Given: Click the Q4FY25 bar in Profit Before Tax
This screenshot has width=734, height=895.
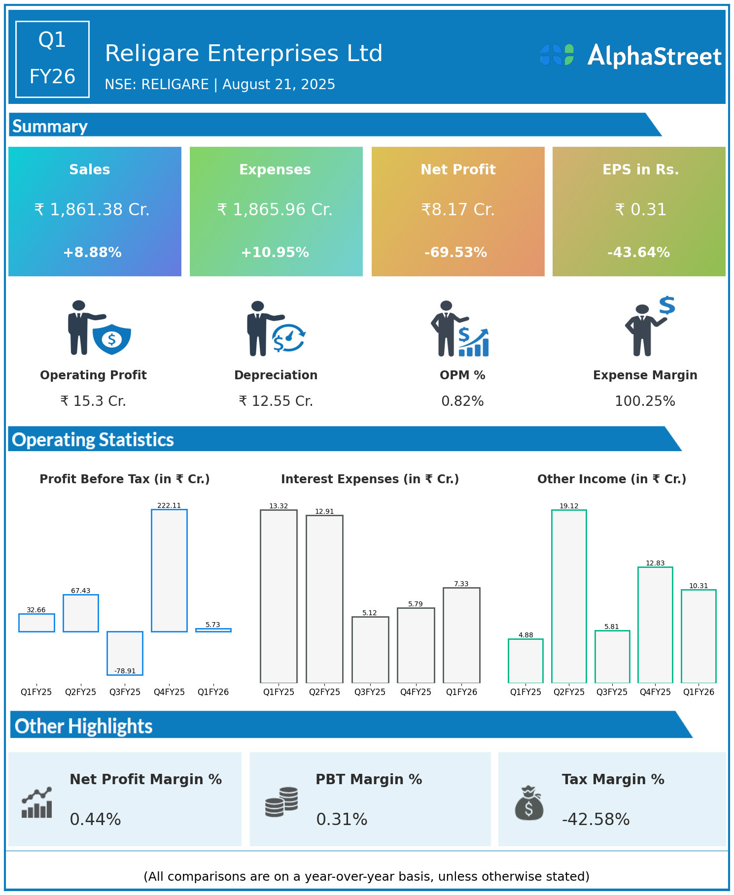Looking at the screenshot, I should click(x=169, y=570).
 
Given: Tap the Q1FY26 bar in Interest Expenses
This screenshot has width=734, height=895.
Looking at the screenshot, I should click(x=461, y=635).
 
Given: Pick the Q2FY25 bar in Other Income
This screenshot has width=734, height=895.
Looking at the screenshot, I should click(x=569, y=596).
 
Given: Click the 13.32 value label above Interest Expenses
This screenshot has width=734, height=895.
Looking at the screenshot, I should click(x=279, y=506).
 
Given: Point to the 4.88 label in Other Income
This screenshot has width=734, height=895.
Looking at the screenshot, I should click(x=525, y=635).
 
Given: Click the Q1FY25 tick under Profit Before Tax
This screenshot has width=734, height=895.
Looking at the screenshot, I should click(x=36, y=692).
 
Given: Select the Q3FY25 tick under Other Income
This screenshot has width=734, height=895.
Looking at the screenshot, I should click(x=612, y=692).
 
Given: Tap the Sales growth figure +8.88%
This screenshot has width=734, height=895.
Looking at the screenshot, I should click(x=92, y=252).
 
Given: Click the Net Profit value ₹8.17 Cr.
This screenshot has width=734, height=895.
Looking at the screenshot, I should click(x=457, y=209).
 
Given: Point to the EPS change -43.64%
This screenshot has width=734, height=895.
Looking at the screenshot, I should click(x=638, y=252).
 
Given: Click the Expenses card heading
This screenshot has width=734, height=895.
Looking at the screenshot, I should click(x=275, y=169).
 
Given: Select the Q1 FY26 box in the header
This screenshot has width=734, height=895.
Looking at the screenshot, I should click(x=52, y=59).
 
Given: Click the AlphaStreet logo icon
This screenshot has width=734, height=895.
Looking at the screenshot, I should click(x=557, y=55).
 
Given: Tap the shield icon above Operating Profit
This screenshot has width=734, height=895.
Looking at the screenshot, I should click(x=112, y=339).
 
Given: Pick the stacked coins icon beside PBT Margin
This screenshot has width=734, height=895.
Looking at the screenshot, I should click(x=281, y=802).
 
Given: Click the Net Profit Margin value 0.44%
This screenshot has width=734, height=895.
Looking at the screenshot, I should click(x=95, y=819).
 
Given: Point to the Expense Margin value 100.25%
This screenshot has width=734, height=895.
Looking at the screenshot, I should click(x=645, y=401).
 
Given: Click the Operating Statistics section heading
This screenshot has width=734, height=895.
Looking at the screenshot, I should click(x=93, y=439).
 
